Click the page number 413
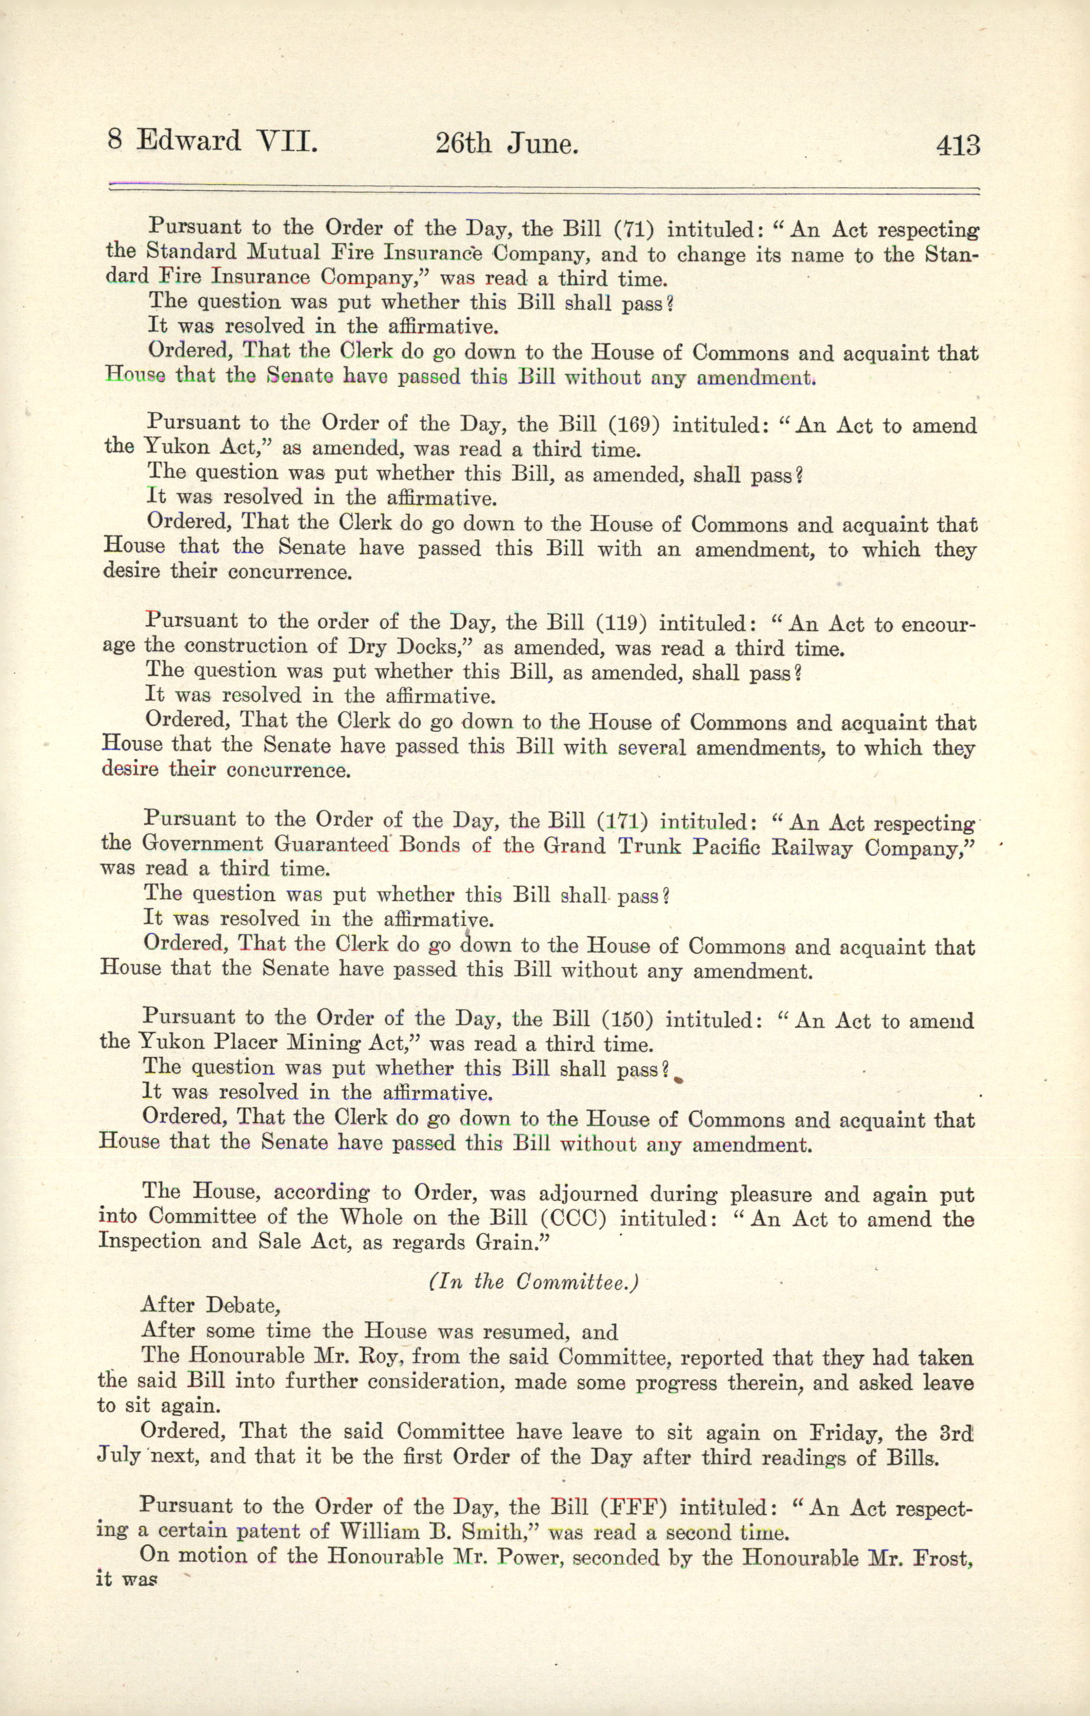pos(958,146)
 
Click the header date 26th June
pos(506,145)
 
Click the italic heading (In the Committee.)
pos(533,1282)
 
